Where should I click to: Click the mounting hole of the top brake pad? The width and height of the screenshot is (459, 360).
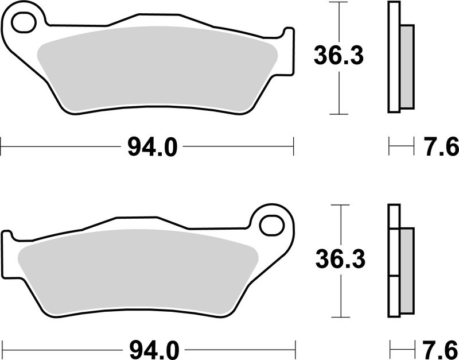[x=24, y=24]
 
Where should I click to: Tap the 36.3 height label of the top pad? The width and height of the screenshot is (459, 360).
[x=339, y=56]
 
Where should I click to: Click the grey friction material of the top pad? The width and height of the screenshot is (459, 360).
[x=155, y=69]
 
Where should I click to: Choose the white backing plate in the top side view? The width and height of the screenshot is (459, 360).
[x=393, y=57]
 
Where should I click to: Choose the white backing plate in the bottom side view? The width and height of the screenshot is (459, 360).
[x=393, y=261]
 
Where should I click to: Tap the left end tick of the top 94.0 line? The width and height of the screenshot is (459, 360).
[x=1, y=146]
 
